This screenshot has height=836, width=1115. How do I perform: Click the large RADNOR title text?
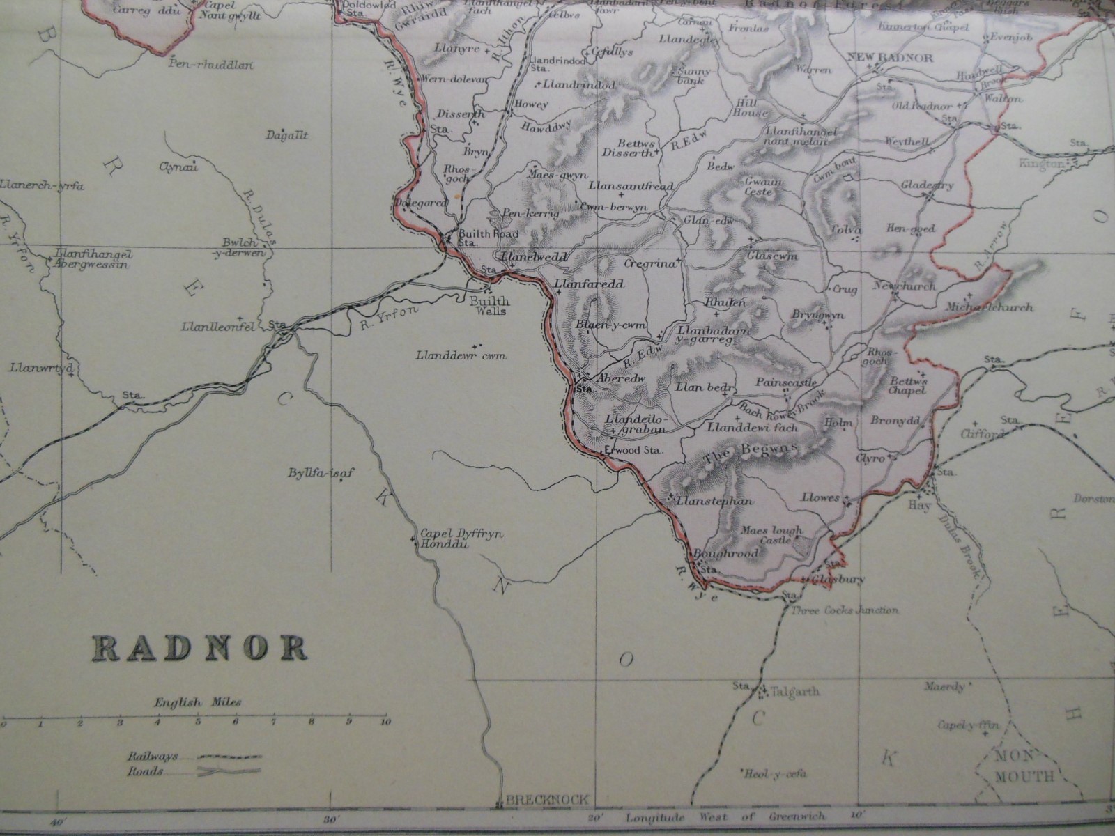200,648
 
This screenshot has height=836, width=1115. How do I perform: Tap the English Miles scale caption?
197,702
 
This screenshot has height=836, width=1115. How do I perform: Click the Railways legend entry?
153,756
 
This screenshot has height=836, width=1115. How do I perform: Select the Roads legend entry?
146,771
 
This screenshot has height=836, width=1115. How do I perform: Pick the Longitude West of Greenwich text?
725,817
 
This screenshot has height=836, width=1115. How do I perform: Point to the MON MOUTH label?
1023,768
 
